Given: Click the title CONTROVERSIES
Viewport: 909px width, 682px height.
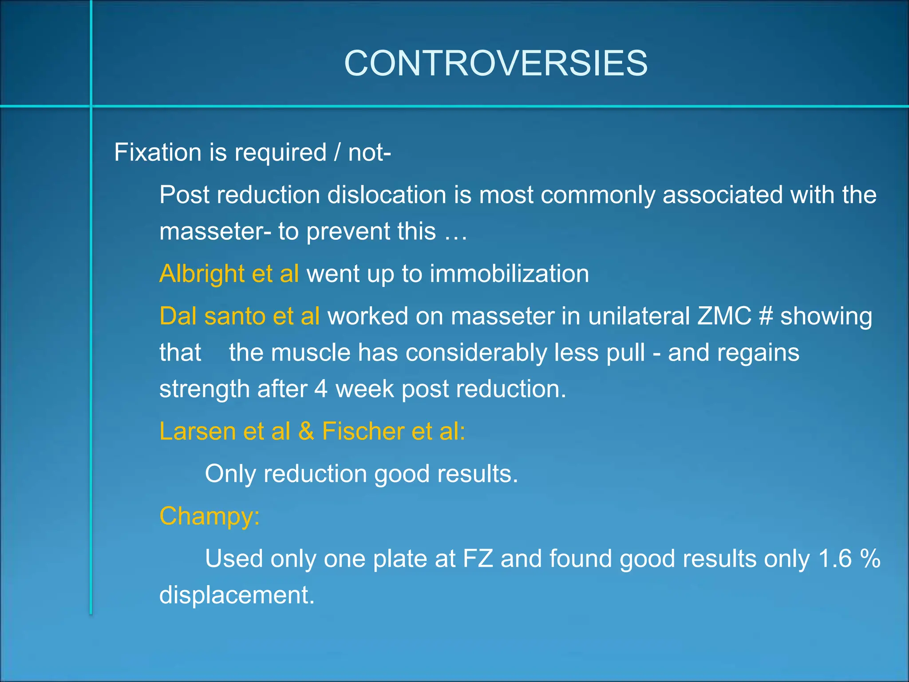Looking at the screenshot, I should [x=496, y=63].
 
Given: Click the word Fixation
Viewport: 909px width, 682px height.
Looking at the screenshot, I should [x=158, y=152].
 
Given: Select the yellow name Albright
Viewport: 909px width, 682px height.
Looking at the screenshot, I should [x=202, y=274].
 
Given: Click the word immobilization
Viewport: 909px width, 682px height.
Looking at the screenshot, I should [x=509, y=274].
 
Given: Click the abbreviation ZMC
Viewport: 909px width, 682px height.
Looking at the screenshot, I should [x=724, y=316].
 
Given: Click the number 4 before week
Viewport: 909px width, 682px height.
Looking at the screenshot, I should [x=321, y=389].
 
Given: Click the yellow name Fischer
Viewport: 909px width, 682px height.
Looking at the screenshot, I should [x=363, y=431].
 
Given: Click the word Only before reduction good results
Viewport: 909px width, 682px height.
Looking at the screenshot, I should [x=230, y=474].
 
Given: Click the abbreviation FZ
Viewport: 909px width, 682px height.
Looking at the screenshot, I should [x=478, y=559].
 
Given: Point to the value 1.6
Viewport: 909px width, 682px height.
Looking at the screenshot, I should [x=836, y=559].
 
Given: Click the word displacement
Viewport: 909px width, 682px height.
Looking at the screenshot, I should [x=237, y=595].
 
